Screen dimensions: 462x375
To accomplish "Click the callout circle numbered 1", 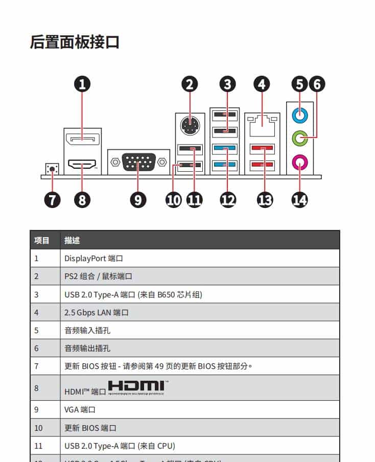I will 82,84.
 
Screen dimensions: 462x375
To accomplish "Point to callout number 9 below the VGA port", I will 138,200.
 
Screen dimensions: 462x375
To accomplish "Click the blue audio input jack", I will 300,115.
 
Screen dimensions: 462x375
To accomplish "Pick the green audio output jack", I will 300,137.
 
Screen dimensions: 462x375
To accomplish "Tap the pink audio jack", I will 300,163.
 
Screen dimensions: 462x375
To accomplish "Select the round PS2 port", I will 190,125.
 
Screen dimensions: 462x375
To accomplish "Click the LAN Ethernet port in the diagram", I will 262,123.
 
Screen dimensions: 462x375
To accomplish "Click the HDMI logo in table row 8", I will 136,387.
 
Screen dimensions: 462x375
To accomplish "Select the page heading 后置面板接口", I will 75,42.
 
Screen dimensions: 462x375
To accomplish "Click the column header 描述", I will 72,240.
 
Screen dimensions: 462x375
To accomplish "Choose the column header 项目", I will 42,240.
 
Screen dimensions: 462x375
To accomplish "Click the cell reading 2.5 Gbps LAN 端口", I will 97,312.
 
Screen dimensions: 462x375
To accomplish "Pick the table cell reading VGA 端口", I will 80,409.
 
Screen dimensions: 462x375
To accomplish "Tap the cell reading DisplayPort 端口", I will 94,258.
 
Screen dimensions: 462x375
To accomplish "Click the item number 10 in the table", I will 39,428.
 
